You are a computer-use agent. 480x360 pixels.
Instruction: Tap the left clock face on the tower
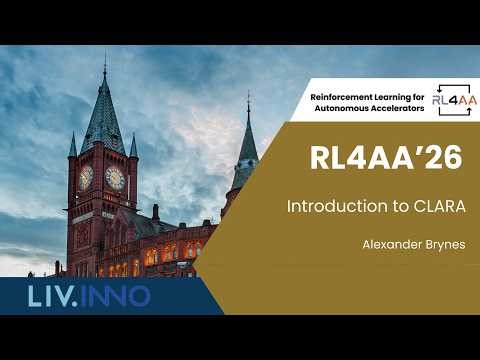click(x=86, y=177)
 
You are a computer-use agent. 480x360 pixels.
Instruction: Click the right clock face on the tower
click(x=115, y=178)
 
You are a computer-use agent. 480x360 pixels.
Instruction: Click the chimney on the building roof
click(x=155, y=212)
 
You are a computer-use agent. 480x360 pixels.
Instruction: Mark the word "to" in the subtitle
click(x=370, y=206)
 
